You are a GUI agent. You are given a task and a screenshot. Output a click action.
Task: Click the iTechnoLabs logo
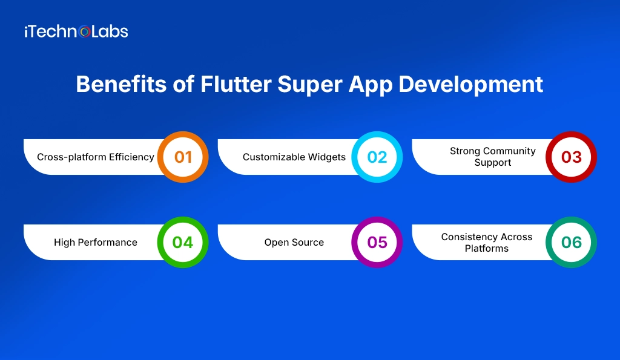(76, 32)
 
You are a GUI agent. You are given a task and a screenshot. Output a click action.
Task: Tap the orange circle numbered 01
(183, 157)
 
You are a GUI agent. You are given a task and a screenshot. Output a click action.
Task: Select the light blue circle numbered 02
(377, 157)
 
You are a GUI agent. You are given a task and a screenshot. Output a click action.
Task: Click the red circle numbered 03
(571, 157)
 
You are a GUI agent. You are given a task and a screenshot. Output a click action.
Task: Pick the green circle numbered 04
(183, 243)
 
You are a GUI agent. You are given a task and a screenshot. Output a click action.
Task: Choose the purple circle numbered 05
(377, 243)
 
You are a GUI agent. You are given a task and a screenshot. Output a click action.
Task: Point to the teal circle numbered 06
(571, 243)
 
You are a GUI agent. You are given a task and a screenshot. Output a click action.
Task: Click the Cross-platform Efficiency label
(96, 157)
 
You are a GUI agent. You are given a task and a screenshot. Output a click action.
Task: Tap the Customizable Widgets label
(294, 157)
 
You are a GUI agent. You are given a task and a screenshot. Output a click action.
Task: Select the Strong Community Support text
(492, 157)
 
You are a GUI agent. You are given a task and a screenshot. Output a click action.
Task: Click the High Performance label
(96, 243)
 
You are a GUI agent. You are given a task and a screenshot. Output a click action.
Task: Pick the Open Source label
(294, 243)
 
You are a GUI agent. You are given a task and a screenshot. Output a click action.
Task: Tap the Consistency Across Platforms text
(486, 243)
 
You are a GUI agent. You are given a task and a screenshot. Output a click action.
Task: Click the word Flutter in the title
(236, 85)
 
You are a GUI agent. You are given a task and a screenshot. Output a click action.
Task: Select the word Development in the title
(470, 85)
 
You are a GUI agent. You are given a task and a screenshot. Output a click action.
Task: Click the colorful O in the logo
(85, 32)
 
